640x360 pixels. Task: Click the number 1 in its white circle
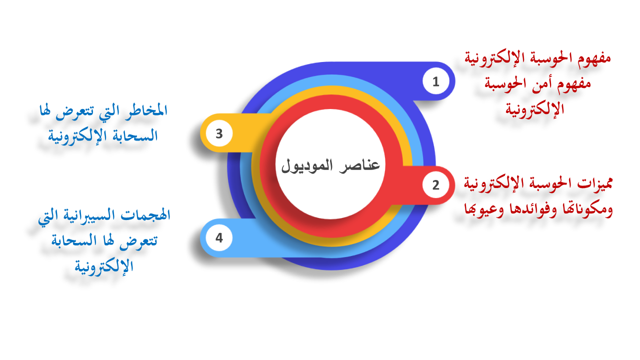[435, 81]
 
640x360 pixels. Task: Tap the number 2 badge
[435, 185]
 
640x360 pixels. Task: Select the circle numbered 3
[219, 133]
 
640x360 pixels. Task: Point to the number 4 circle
[219, 237]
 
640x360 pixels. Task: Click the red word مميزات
[595, 183]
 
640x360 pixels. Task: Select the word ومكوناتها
[587, 209]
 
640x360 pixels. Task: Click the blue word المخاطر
[146, 110]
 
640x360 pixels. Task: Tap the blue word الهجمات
[145, 214]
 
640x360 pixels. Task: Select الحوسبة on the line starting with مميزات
[548, 183]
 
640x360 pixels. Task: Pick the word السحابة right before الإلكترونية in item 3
[131, 135]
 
